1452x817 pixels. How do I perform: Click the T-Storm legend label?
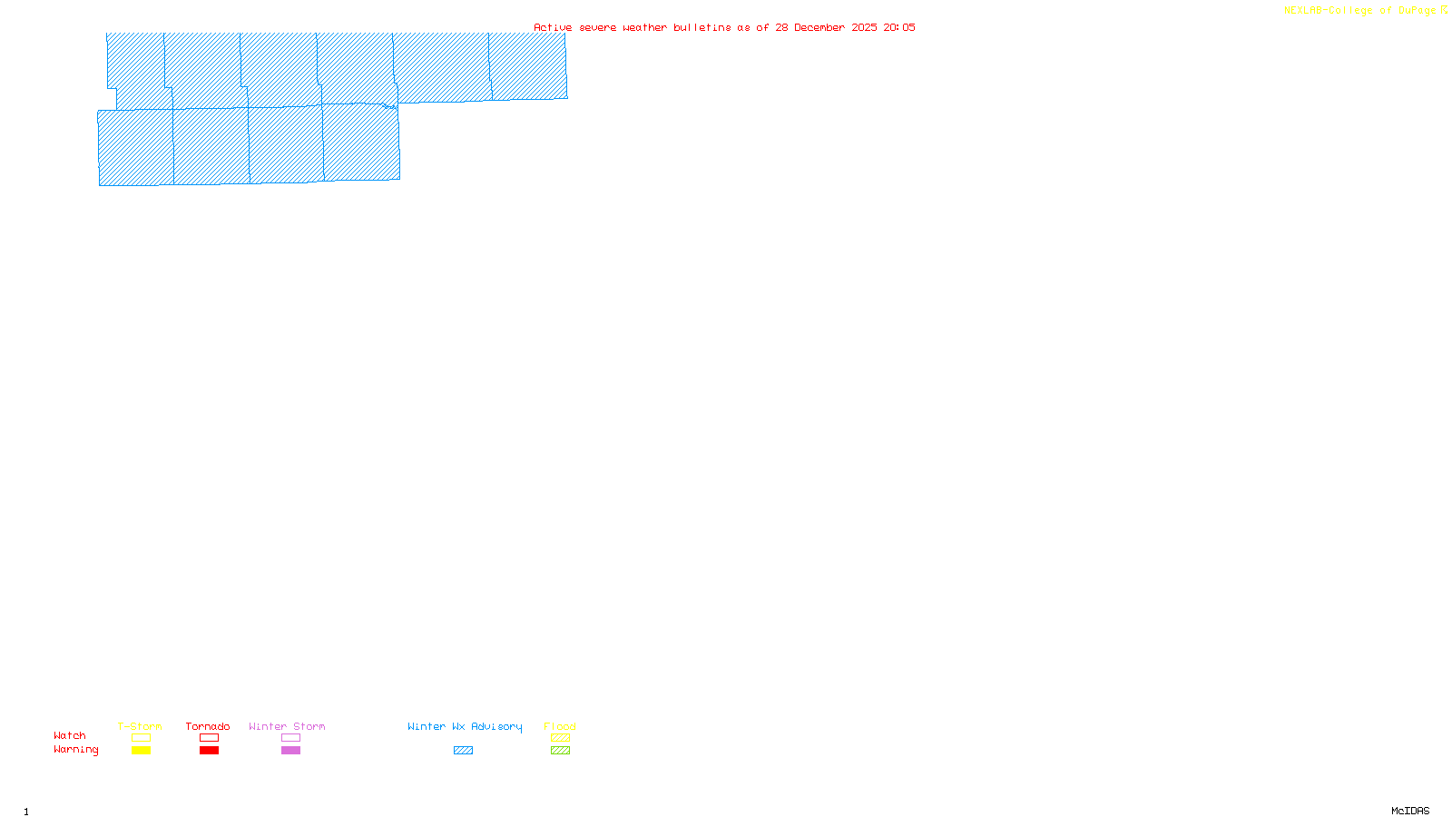pyautogui.click(x=140, y=726)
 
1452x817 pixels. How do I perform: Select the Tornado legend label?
pyautogui.click(x=208, y=726)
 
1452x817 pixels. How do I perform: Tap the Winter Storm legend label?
pyautogui.click(x=287, y=726)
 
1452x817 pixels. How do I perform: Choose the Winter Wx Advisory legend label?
pyautogui.click(x=465, y=726)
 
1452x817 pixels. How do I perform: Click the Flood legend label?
pyautogui.click(x=560, y=726)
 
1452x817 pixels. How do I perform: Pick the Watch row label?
pyautogui.click(x=70, y=735)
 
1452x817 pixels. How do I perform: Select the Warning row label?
pyautogui.click(x=75, y=750)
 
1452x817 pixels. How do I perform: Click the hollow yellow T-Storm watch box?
pyautogui.click(x=141, y=738)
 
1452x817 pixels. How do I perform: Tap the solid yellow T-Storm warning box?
pyautogui.click(x=141, y=751)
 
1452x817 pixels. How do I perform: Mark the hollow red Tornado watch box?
pyautogui.click(x=209, y=738)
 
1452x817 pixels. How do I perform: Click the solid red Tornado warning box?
pyautogui.click(x=209, y=751)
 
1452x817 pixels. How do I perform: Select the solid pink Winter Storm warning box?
pyautogui.click(x=290, y=751)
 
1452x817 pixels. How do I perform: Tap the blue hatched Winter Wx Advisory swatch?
pyautogui.click(x=463, y=751)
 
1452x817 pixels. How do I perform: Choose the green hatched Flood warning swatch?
pyautogui.click(x=560, y=751)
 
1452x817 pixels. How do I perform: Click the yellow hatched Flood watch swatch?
pyautogui.click(x=560, y=738)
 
